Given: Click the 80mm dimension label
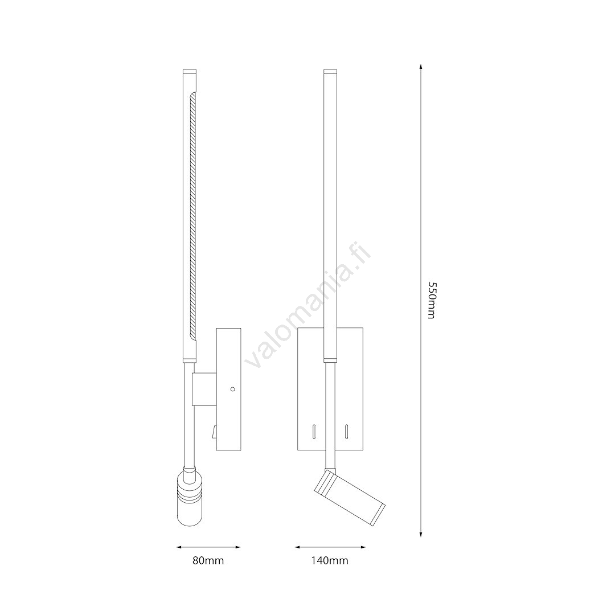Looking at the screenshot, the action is point(208,560).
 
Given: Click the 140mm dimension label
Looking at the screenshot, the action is point(330,560).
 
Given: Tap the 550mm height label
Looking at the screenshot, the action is point(432,301).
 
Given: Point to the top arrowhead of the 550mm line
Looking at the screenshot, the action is point(420,66).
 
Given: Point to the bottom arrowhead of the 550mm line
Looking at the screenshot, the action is point(420,534).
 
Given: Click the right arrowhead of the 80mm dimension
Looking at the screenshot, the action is point(237,547).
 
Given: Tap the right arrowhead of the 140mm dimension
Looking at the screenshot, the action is point(363,547).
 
